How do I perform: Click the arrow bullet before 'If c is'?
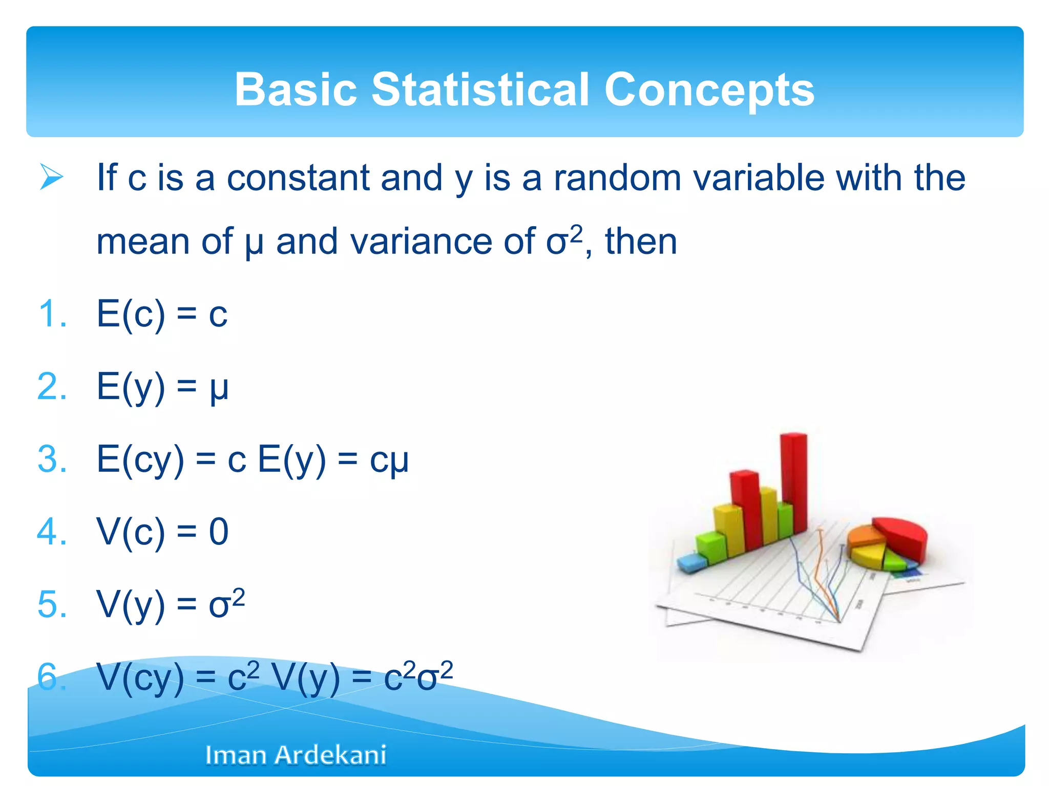coord(51,178)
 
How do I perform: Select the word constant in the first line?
coord(298,178)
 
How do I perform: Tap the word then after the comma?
coord(641,241)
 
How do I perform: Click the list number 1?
coord(52,314)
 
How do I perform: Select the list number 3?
coord(52,459)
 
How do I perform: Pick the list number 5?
coord(52,604)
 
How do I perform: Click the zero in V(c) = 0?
coord(218,532)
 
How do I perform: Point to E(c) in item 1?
coord(131,314)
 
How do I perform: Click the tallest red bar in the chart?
coord(793,481)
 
